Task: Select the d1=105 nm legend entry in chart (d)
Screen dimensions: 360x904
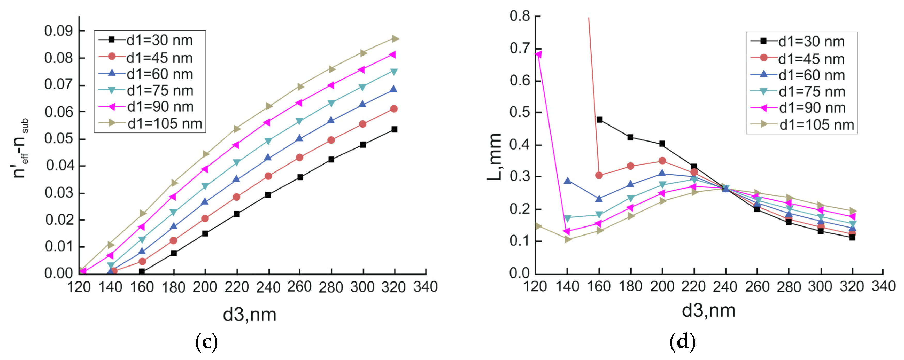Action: (x=816, y=124)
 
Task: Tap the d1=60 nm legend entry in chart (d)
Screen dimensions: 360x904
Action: (x=811, y=75)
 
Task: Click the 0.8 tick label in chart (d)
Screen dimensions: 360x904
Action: (x=519, y=16)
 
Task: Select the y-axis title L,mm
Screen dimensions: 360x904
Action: (x=495, y=157)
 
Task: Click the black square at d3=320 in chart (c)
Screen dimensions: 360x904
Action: (x=395, y=129)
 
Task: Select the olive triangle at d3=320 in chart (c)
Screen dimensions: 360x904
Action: (x=395, y=38)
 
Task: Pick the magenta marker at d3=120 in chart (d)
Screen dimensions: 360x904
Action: (x=538, y=54)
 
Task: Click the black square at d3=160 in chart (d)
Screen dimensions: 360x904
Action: (x=599, y=120)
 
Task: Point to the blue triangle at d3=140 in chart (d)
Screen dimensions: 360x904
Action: (x=567, y=181)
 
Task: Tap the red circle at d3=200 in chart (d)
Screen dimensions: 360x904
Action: (x=662, y=161)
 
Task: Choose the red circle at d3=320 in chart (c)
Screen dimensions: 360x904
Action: (x=394, y=109)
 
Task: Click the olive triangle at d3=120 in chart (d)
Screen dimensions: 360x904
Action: (x=538, y=226)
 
